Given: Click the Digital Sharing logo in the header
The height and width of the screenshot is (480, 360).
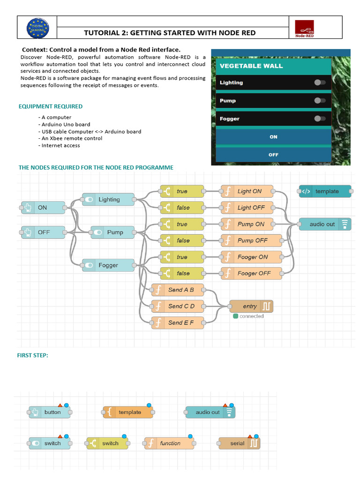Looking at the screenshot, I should click(x=37, y=28).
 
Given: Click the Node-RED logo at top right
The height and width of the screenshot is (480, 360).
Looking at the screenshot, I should click(x=304, y=28).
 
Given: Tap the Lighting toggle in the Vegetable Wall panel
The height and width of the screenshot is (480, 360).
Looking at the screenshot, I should click(x=320, y=82).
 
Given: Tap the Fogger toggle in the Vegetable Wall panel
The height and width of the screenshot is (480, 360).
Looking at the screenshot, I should click(x=320, y=119).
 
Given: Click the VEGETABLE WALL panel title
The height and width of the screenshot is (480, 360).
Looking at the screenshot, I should click(x=251, y=66).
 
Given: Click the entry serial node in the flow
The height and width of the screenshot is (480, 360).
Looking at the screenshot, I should click(x=251, y=306).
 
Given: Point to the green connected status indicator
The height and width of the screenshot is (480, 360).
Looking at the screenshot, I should click(x=235, y=316).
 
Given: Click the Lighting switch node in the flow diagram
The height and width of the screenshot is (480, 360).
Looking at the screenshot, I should click(x=108, y=200).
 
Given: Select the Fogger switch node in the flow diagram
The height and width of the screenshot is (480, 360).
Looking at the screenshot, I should click(x=108, y=265).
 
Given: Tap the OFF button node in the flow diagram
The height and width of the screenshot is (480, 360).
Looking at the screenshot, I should click(x=43, y=232).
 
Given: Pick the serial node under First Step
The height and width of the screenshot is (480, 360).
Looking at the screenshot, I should click(x=239, y=443).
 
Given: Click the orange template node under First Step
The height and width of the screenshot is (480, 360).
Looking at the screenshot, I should click(x=128, y=412).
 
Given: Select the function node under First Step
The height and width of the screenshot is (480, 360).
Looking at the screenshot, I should click(x=169, y=443).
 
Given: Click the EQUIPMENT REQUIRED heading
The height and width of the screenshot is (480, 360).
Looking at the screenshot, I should click(x=51, y=106).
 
